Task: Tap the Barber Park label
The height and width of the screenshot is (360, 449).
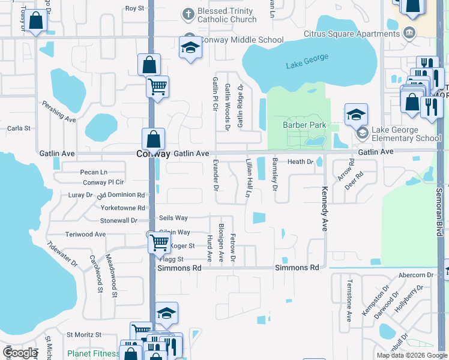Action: point(304,125)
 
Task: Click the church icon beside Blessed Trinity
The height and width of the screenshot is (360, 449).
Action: point(188,13)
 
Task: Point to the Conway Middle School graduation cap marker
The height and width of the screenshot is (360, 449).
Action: point(190,47)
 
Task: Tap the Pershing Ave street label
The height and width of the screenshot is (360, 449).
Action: point(59,112)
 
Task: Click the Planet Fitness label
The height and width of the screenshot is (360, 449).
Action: point(92,353)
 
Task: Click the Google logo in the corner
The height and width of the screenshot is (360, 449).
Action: point(20,353)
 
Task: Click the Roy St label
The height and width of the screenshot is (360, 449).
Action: point(134,8)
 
